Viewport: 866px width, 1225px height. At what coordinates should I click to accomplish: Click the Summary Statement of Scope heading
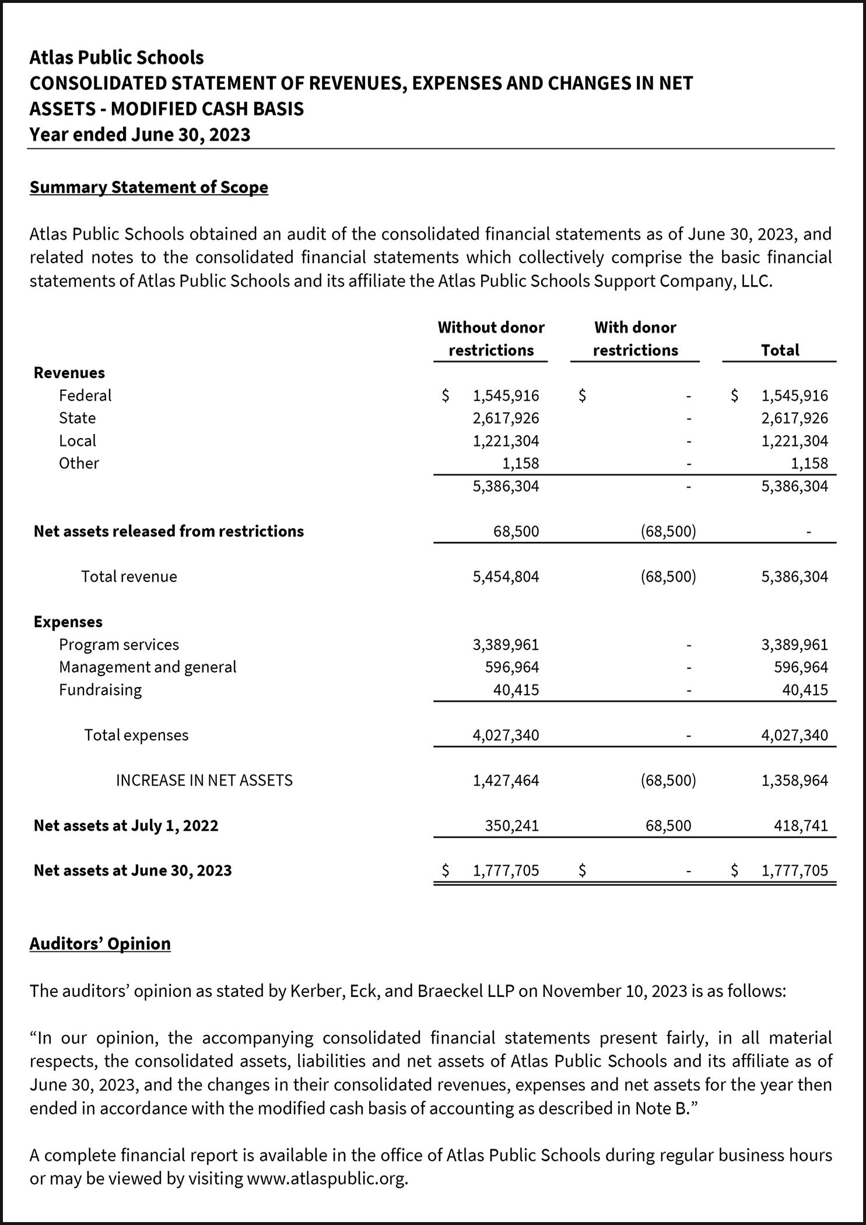tap(149, 187)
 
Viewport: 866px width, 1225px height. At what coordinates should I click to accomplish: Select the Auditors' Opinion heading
tap(100, 944)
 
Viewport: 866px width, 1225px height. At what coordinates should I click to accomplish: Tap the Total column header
tap(780, 350)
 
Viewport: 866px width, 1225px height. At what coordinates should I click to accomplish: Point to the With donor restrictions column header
tap(635, 339)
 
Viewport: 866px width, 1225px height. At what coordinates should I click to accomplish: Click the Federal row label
tap(85, 395)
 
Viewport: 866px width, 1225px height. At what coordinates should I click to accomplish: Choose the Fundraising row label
tap(100, 690)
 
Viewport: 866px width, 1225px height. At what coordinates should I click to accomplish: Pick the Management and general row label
tap(148, 667)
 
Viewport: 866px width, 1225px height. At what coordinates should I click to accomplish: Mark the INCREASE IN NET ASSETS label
tap(204, 780)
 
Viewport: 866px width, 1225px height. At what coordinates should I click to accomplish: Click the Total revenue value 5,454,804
tap(506, 577)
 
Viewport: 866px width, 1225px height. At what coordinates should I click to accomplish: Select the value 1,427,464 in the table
tap(506, 780)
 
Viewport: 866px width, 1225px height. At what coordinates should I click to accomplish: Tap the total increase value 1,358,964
tap(794, 780)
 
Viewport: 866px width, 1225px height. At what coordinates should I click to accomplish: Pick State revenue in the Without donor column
tap(506, 418)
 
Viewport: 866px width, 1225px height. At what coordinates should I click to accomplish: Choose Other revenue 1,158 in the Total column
tap(810, 464)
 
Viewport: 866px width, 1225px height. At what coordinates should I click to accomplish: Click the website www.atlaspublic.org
tap(326, 1179)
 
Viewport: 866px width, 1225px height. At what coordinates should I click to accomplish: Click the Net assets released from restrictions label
tap(169, 531)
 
